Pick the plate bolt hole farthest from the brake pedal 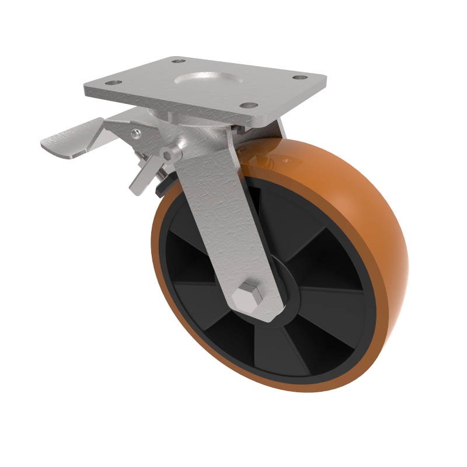pos(301,77)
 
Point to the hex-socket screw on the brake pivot pos(170,154)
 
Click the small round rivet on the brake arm pos(135,134)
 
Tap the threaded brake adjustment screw pos(153,166)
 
